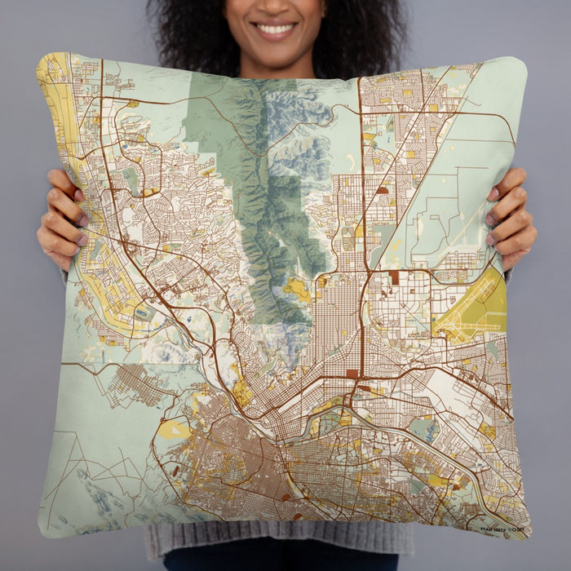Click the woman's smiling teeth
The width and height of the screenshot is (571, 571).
275,29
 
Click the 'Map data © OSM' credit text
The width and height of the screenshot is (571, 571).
502,527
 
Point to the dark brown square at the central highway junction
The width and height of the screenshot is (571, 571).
352,374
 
